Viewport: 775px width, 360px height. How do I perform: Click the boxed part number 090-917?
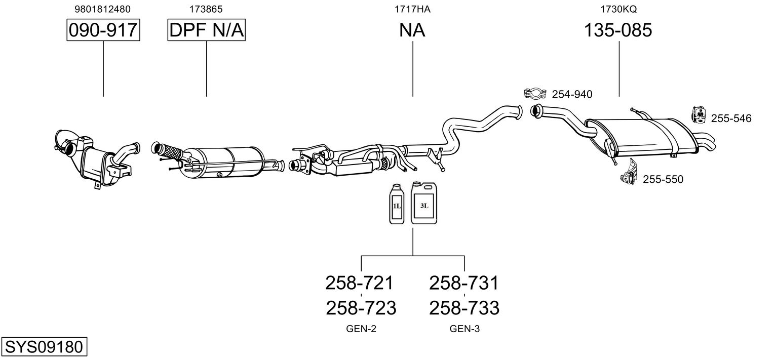(x=103, y=30)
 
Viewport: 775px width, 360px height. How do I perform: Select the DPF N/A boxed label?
(x=207, y=30)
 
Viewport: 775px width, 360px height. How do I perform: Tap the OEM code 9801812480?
(x=103, y=9)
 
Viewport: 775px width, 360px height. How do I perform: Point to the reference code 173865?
(x=206, y=9)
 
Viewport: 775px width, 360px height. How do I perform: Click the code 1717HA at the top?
(x=412, y=9)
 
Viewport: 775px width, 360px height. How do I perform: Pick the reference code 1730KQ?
(x=618, y=9)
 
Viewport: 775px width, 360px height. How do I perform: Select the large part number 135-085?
(x=618, y=30)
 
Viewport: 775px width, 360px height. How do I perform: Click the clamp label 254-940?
(x=572, y=94)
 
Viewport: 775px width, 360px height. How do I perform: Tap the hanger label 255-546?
(x=731, y=118)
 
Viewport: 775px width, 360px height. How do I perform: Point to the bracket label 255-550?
(x=663, y=179)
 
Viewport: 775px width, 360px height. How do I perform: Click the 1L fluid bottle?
(x=397, y=204)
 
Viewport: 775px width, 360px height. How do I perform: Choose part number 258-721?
(x=360, y=283)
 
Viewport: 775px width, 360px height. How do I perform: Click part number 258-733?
(x=464, y=308)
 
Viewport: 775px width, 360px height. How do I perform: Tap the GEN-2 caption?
(x=361, y=329)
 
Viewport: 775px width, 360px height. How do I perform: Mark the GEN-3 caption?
(x=464, y=329)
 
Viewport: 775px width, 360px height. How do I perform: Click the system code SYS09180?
(x=44, y=346)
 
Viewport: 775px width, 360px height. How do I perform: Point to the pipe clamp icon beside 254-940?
(x=535, y=93)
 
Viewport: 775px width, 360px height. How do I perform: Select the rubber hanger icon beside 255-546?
(x=699, y=115)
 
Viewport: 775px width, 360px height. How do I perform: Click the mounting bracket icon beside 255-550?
(x=629, y=172)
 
